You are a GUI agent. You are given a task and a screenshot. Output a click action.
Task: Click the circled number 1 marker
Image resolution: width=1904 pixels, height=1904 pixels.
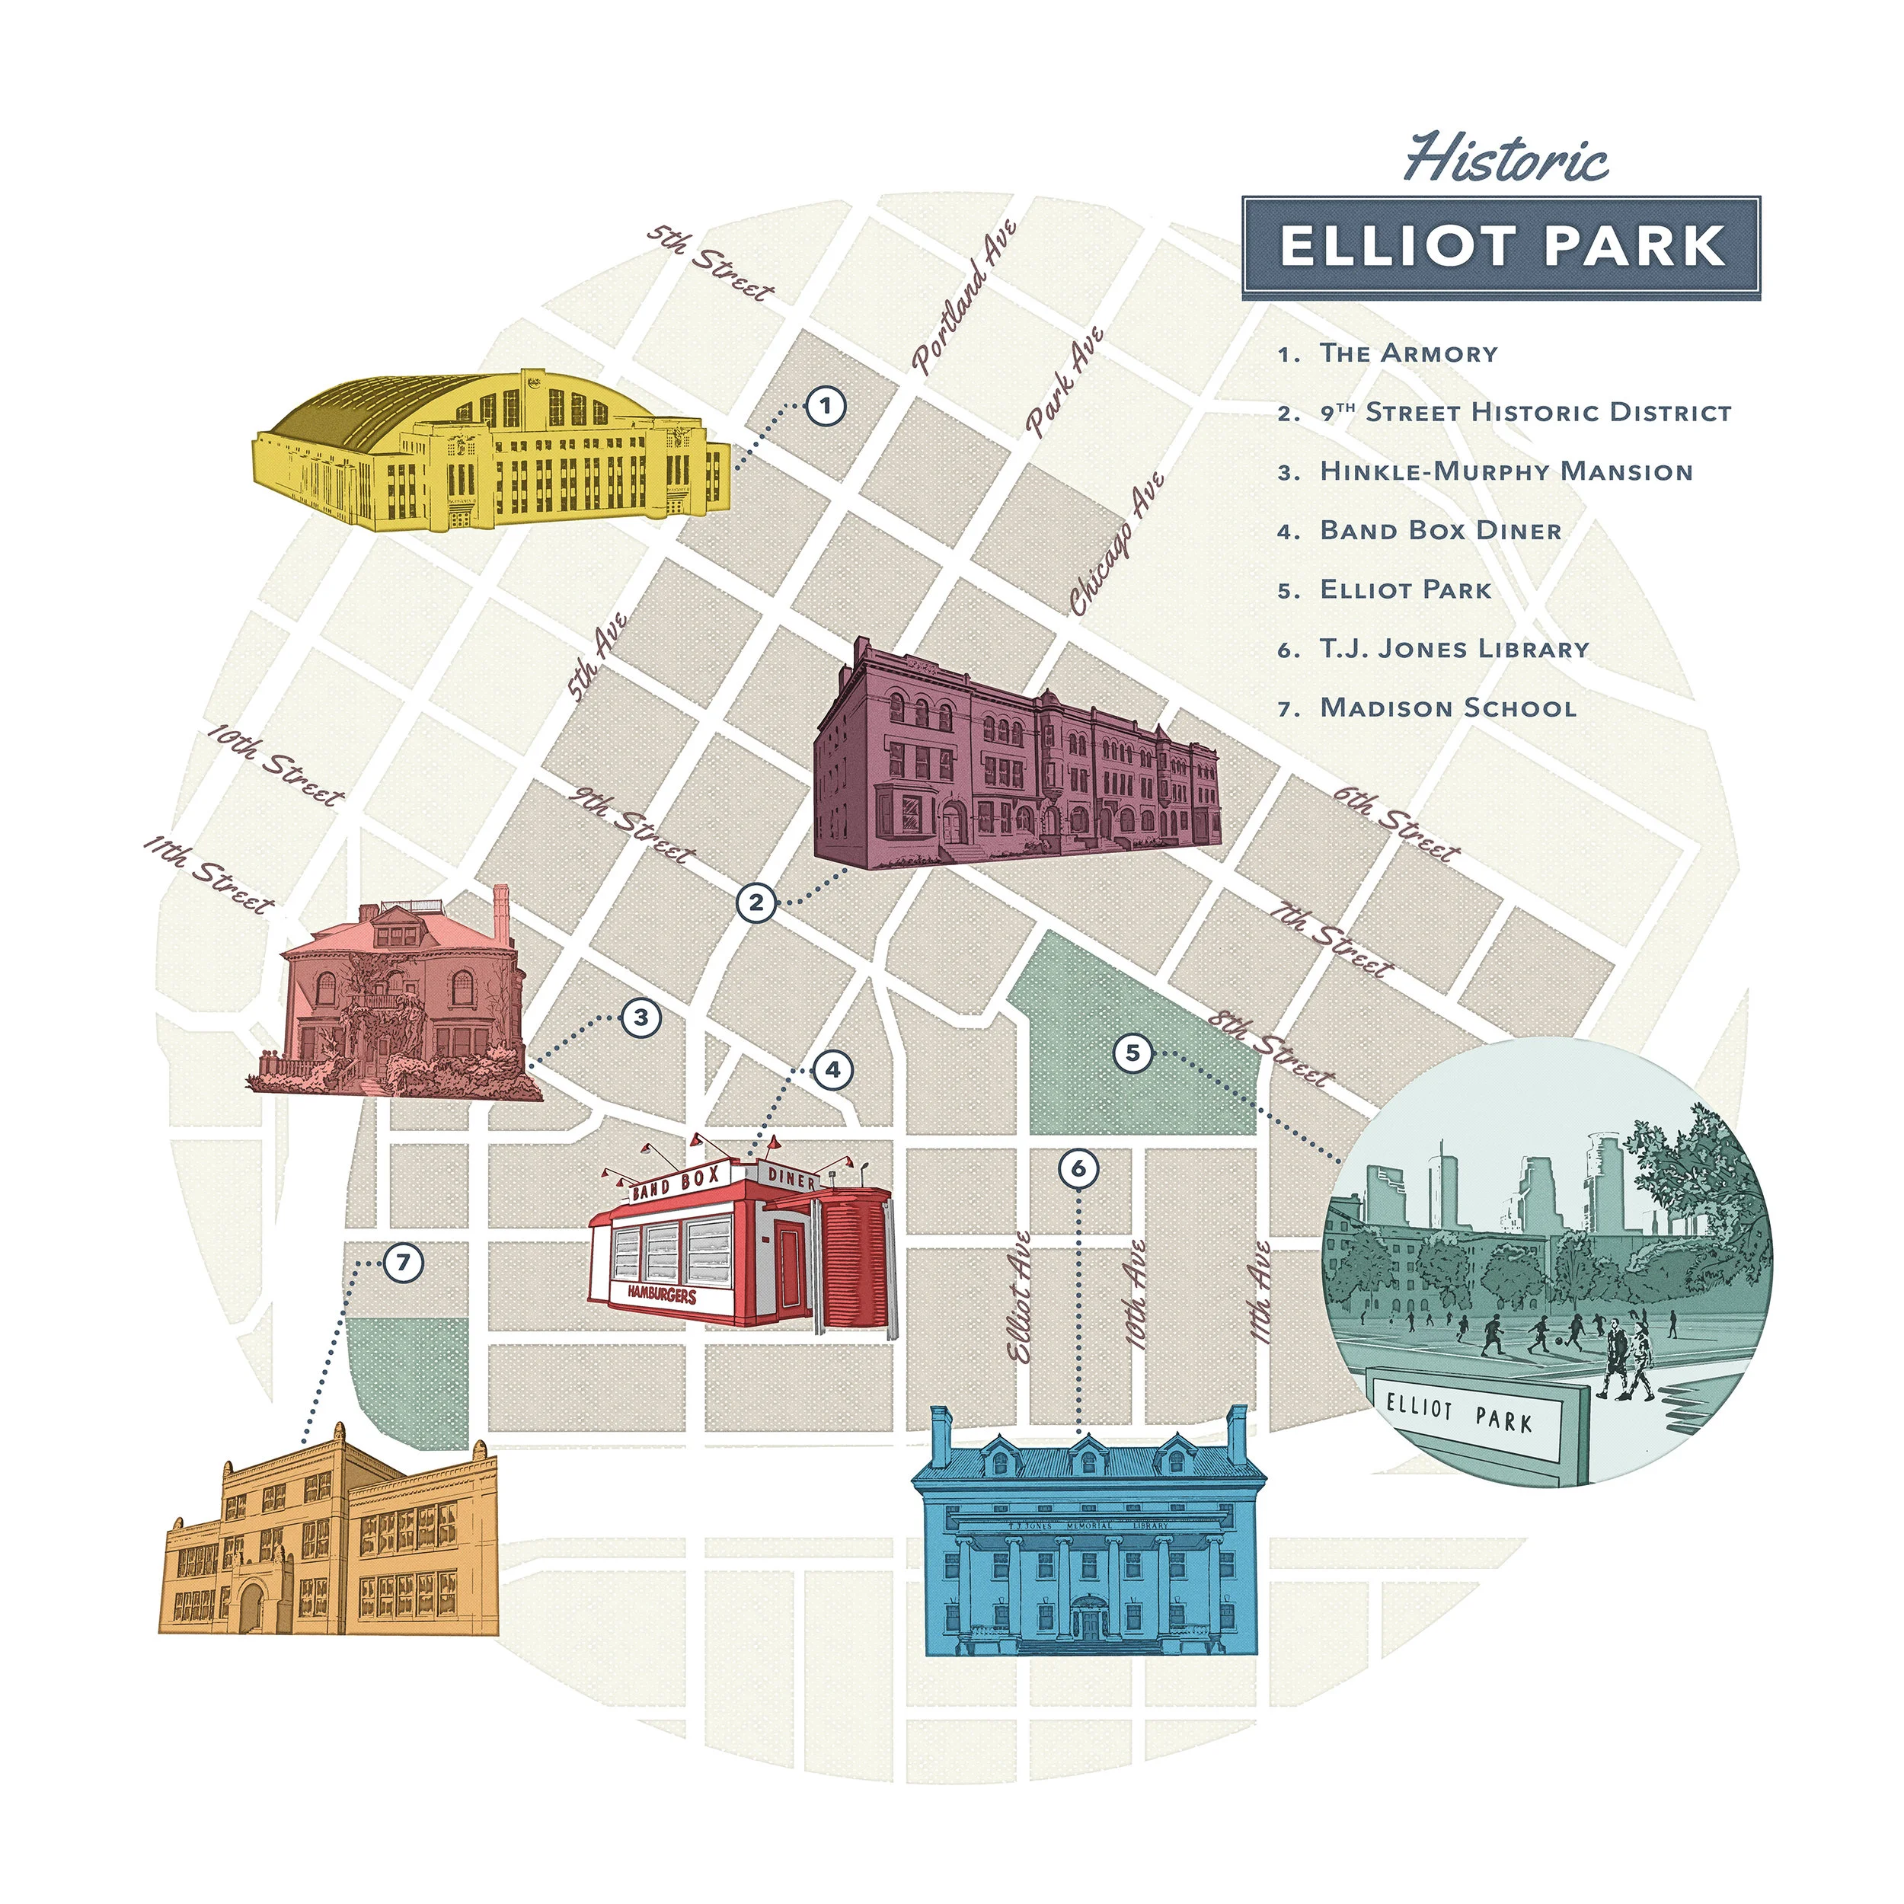coord(826,405)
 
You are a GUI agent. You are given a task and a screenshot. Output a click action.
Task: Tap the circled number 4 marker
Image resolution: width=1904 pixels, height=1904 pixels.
coord(832,1069)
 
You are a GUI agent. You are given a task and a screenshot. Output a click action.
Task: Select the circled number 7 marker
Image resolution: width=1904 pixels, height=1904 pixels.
coord(403,1263)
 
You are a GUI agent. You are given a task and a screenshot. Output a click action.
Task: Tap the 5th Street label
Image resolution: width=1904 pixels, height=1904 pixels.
coord(711,262)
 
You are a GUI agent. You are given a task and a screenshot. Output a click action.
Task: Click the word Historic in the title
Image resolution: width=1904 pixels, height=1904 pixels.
coord(1505,160)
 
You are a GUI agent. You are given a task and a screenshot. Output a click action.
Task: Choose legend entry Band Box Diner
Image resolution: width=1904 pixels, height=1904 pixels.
coord(1440,530)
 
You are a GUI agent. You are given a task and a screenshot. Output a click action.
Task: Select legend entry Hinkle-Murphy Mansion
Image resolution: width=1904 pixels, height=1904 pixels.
coord(1505,471)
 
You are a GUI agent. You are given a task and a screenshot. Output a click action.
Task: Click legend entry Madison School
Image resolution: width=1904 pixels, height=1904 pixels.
coord(1448,708)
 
